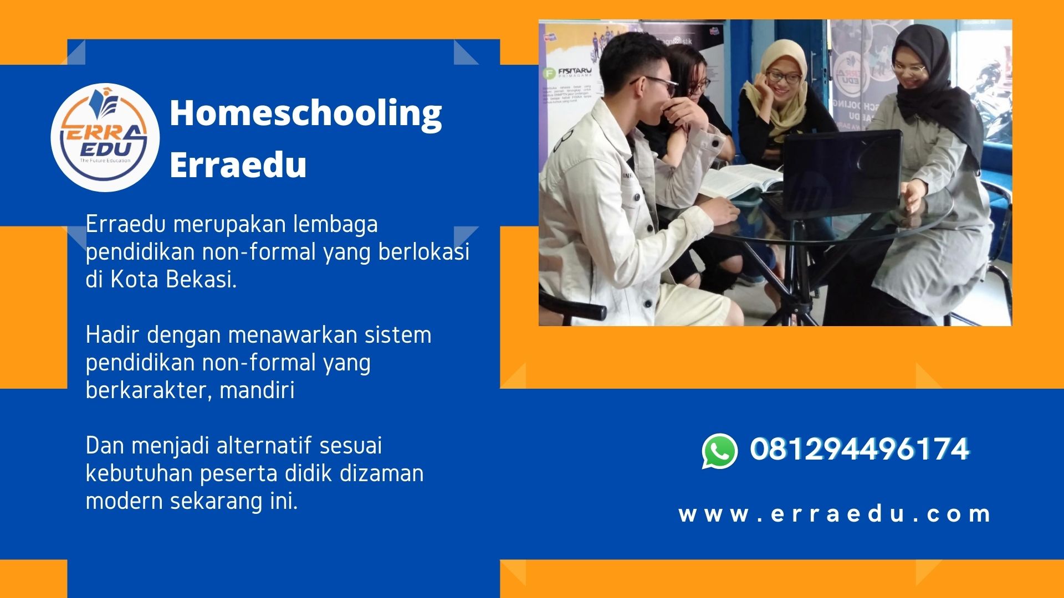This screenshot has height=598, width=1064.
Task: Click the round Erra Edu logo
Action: pos(105,137)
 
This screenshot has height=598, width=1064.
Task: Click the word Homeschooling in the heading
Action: pos(305,114)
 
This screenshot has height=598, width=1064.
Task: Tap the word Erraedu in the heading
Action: pos(238,164)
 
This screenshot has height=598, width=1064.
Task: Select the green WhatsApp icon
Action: pos(719,451)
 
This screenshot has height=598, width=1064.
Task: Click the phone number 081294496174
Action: pos(859,449)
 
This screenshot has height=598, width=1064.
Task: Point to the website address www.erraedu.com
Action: pos(835,514)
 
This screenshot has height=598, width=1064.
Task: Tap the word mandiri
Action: pos(257,390)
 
